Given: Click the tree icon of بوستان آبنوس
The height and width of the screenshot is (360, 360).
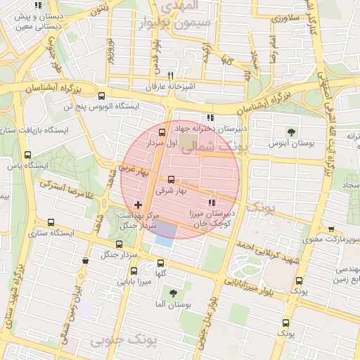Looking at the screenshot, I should coord(290,132).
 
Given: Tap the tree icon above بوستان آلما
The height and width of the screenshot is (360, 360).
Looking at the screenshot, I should coord(172,293).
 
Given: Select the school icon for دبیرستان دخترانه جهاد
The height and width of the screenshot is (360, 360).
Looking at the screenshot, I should coord(210,118).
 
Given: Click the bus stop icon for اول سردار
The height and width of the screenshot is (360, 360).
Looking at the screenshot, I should coord(162,132).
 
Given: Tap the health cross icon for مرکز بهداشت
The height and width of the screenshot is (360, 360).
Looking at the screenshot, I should coord(138,205).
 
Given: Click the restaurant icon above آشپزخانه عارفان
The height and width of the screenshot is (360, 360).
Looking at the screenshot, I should coord(170,75).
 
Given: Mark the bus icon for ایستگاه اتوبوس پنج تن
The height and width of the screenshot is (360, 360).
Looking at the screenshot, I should coord(102,96).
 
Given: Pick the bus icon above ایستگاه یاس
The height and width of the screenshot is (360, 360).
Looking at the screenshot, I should coord(27,155).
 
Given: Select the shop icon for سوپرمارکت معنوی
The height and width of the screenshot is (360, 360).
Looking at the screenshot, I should coord(331,229).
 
